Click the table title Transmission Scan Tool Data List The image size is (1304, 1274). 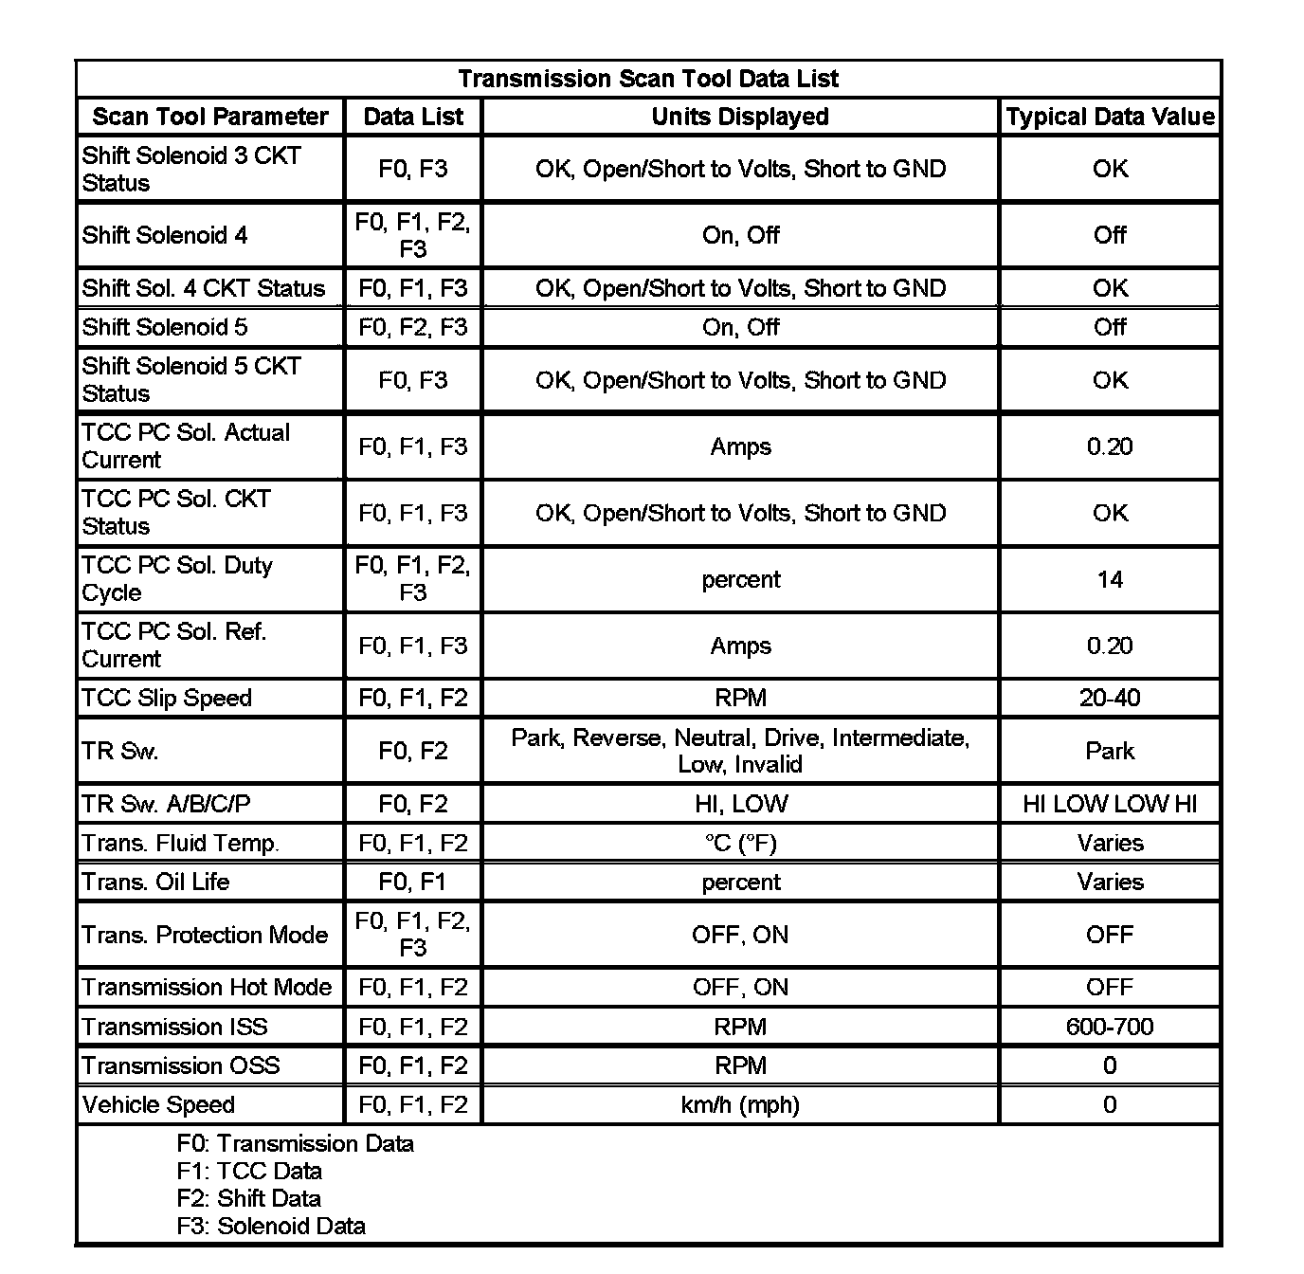pyautogui.click(x=648, y=79)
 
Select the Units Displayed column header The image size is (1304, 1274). pyautogui.click(x=740, y=117)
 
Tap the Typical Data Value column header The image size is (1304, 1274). pyautogui.click(x=1110, y=117)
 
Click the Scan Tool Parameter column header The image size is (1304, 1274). pyautogui.click(x=209, y=117)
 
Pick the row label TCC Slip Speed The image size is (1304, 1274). pyautogui.click(x=167, y=698)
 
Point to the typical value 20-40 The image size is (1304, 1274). pyautogui.click(x=1110, y=698)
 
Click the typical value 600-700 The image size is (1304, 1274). pyautogui.click(x=1110, y=1027)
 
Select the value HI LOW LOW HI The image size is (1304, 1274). pyautogui.click(x=1110, y=804)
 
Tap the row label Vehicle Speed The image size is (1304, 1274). pyautogui.click(x=158, y=1104)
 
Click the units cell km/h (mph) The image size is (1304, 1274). pyautogui.click(x=740, y=1104)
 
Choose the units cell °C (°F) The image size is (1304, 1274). pyautogui.click(x=740, y=843)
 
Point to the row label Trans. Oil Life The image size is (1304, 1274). pyautogui.click(x=155, y=882)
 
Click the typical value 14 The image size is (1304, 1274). pyautogui.click(x=1110, y=579)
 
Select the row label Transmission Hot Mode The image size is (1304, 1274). pyautogui.click(x=207, y=987)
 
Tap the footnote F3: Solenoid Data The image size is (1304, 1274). pyautogui.click(x=271, y=1226)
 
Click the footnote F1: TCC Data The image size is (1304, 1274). pyautogui.click(x=249, y=1171)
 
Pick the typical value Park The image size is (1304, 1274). pyautogui.click(x=1110, y=751)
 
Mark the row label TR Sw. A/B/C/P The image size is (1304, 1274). pyautogui.click(x=167, y=804)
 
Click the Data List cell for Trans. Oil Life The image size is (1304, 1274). pyautogui.click(x=413, y=882)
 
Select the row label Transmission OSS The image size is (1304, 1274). pyautogui.click(x=181, y=1065)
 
